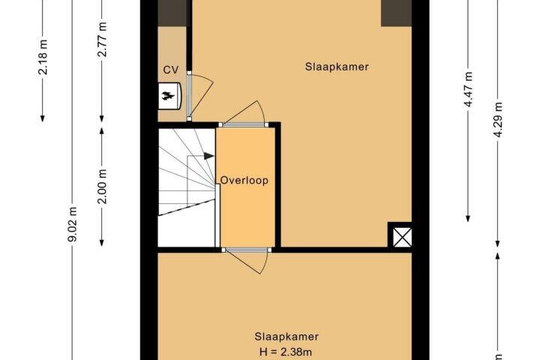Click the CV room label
pos(171,70)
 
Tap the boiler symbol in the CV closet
pos(169,96)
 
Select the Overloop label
pos(244,180)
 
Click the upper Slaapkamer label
pos(337,67)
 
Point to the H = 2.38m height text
pos(286,352)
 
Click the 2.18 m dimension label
pos(43,58)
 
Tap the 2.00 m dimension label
pos(102,186)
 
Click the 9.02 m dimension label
pos(72,224)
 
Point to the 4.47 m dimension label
pos(468,89)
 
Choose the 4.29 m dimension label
pos(498,120)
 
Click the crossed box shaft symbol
pos(402,237)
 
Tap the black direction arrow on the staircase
pos(208,156)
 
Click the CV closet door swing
pos(200,95)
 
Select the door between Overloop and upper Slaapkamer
pos(244,114)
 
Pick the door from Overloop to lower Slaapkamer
pos(246,259)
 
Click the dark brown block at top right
pos(396,13)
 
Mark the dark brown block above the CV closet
pos(172,13)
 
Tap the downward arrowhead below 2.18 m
pos(42,118)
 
